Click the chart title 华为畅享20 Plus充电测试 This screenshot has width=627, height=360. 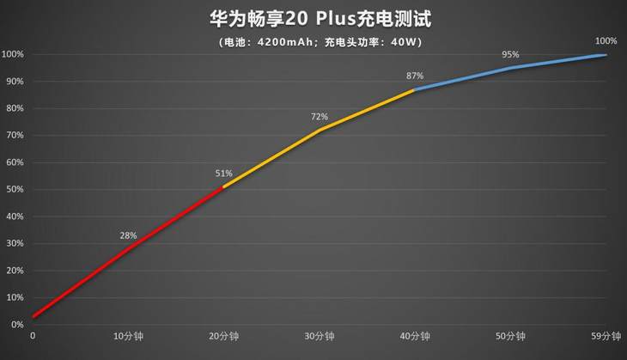(313, 17)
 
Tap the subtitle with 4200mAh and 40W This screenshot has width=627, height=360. (313, 41)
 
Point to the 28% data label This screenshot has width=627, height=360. (129, 235)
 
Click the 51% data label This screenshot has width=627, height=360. (224, 174)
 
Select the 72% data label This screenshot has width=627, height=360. (320, 116)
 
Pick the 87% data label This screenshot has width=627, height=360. (415, 76)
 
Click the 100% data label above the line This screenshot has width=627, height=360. (606, 40)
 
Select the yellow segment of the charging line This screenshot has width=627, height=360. (320, 130)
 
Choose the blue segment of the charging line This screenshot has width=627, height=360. (510, 68)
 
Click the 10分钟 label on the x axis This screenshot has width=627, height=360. (127, 337)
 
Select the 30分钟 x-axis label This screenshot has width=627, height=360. (319, 337)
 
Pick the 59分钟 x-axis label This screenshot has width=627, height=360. (606, 337)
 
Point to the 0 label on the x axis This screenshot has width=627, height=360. (33, 337)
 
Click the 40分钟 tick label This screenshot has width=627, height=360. (414, 337)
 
